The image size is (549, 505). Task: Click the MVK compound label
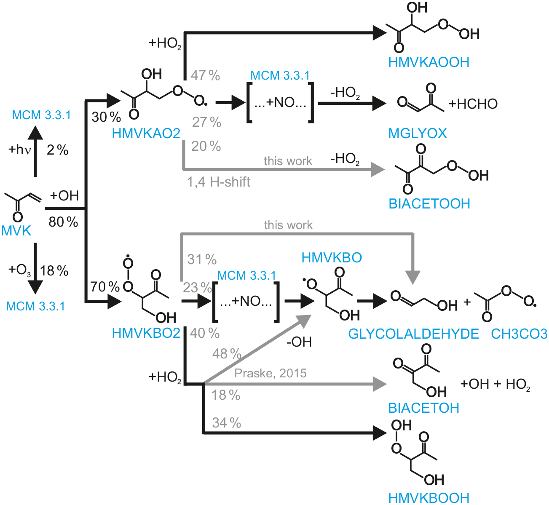point(16,231)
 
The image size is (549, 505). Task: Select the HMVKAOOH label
point(428,62)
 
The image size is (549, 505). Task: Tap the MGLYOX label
point(417,134)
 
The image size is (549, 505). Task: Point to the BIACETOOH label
point(429,204)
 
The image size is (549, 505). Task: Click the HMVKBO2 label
point(146,333)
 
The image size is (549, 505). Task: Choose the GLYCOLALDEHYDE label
point(413,334)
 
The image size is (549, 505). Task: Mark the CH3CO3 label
point(519,334)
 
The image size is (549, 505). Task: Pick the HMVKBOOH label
point(428,498)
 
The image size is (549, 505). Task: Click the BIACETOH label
point(423,408)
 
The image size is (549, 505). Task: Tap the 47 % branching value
point(205,75)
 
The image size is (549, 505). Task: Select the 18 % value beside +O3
point(54,271)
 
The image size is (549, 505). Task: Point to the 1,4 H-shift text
point(219,182)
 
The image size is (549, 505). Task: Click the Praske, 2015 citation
point(270,373)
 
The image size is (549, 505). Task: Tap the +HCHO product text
point(473,104)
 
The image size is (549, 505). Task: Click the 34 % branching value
point(226,422)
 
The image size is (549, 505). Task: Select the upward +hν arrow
point(35,152)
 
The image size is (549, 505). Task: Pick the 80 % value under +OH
point(63,222)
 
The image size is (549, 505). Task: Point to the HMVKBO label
point(332,258)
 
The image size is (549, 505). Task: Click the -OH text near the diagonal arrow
point(299,342)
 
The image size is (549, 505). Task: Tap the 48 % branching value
point(227,354)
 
